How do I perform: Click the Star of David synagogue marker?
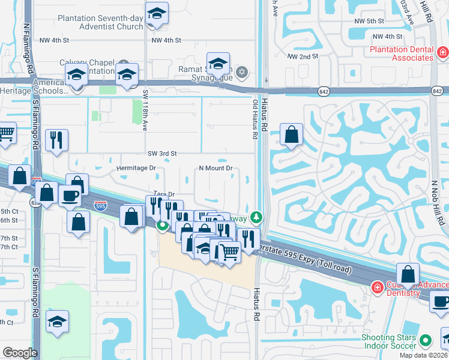(242, 72)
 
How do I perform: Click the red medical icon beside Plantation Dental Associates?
(442, 53)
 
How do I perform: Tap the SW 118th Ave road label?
(145, 111)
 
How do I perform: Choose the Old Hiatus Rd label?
(255, 119)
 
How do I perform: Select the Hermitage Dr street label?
(136, 169)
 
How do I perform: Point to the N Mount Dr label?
(215, 169)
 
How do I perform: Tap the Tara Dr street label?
(163, 194)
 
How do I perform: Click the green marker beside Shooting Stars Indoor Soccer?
(426, 340)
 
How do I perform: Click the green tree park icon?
(256, 216)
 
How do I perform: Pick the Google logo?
(20, 353)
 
